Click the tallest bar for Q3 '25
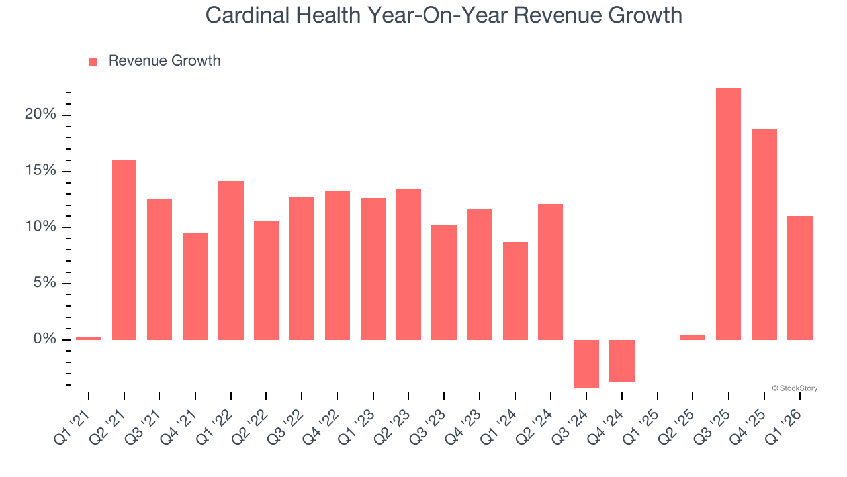(729, 214)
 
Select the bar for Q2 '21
(124, 250)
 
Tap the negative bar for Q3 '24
(586, 364)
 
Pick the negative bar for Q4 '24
(621, 361)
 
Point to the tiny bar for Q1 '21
(89, 338)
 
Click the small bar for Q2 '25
(693, 337)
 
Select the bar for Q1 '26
(799, 278)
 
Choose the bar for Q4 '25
(764, 235)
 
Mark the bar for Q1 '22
(231, 260)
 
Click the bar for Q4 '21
(195, 286)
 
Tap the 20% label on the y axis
(40, 115)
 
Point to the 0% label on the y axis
(44, 339)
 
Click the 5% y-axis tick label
(44, 284)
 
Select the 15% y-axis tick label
(40, 171)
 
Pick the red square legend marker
(93, 62)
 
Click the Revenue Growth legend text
(164, 61)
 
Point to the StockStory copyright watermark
(794, 388)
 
